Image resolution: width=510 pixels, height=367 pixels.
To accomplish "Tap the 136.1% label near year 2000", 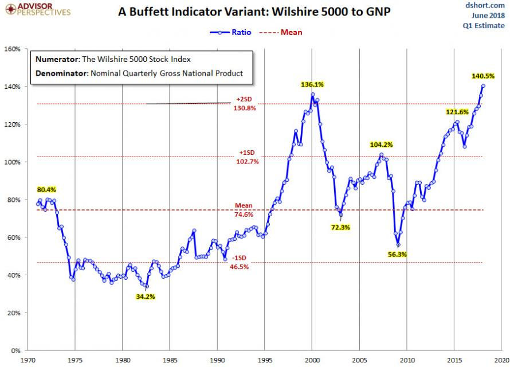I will [x=312, y=84].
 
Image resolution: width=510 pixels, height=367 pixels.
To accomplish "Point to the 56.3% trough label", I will [x=397, y=254].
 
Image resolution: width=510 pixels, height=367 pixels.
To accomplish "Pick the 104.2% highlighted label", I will [x=382, y=145].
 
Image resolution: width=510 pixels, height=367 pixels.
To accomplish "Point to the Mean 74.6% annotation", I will [x=241, y=210].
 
